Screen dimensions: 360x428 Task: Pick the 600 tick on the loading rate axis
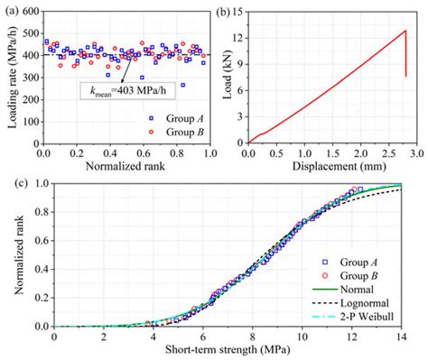(30, 12)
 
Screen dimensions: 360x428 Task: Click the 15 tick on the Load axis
(237, 12)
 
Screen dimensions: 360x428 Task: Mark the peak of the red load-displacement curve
(405, 31)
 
